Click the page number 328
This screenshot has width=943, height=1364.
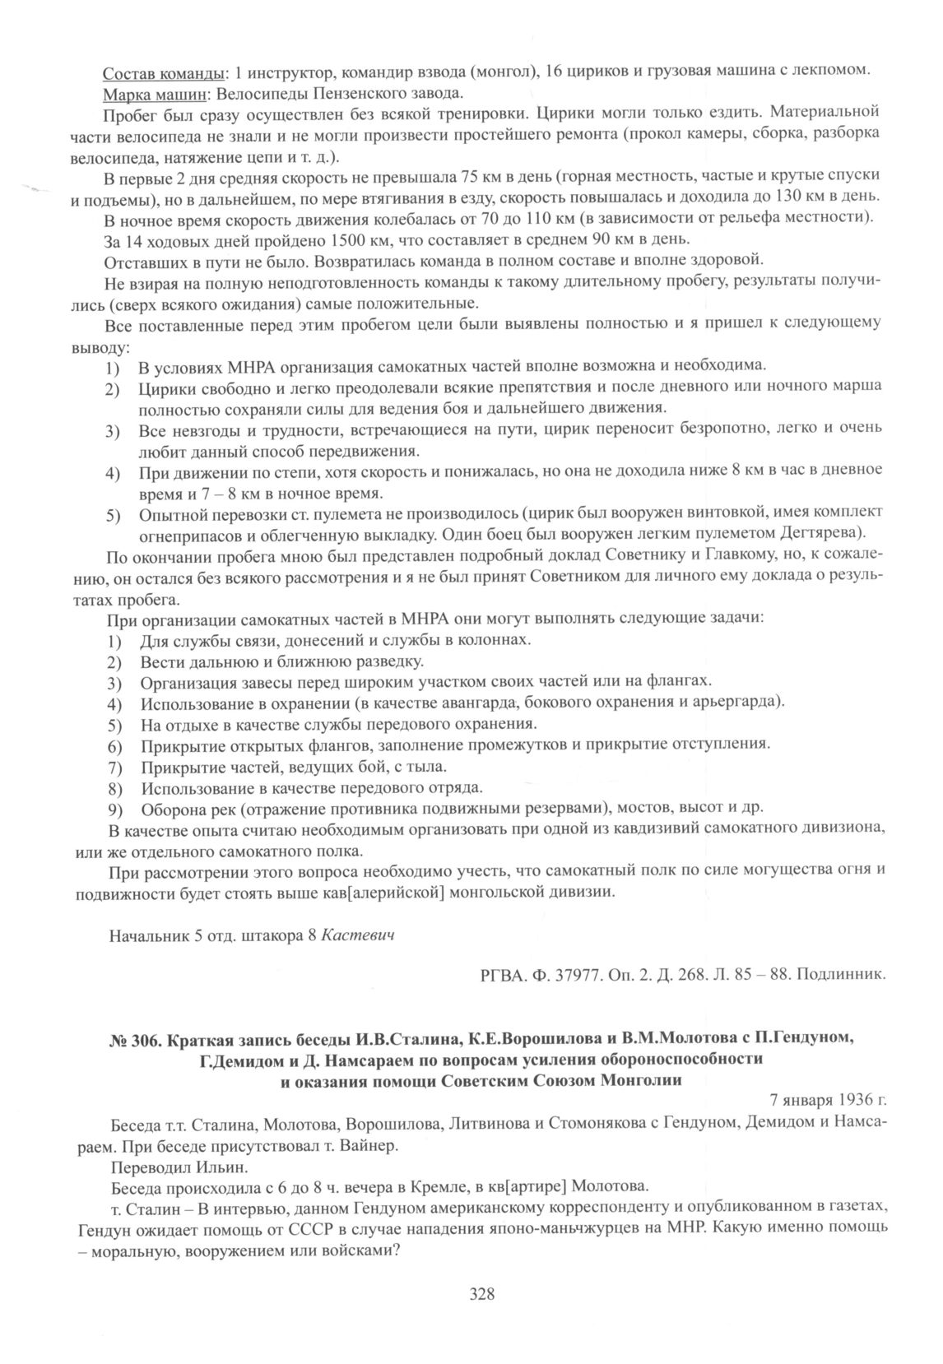(x=481, y=1295)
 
